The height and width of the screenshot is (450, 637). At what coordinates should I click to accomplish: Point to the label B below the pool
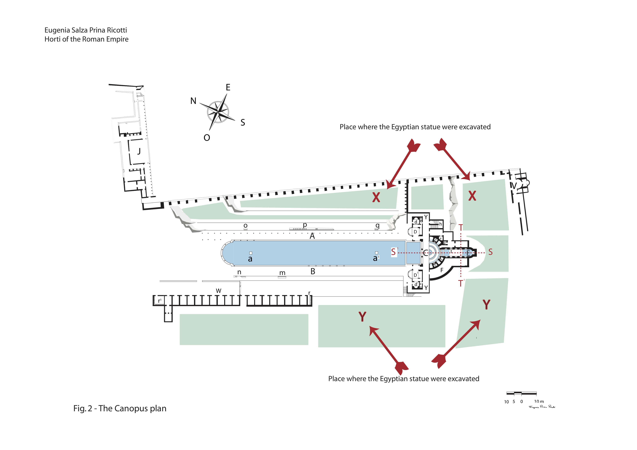click(x=313, y=271)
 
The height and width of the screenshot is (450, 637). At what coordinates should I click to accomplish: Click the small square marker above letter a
click(x=251, y=253)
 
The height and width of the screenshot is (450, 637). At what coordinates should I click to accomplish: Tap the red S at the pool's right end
click(x=393, y=252)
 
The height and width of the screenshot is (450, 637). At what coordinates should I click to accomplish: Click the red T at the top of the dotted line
click(x=461, y=228)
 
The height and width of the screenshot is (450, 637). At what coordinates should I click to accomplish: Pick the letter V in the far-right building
click(x=514, y=186)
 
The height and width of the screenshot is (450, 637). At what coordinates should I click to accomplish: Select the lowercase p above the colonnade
click(x=305, y=225)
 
